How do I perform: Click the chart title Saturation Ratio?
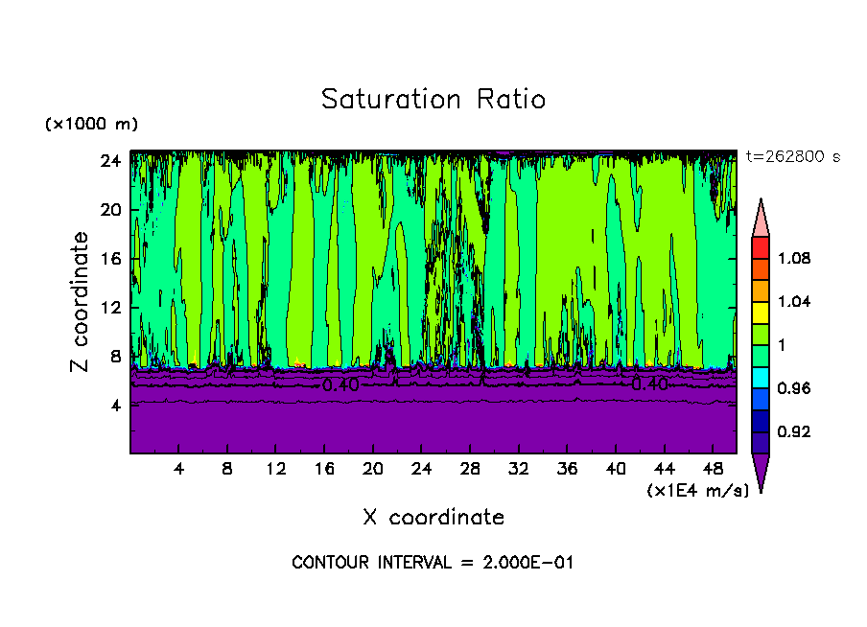pos(433,100)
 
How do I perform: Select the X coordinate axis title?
pos(433,518)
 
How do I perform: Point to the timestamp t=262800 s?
pos(792,157)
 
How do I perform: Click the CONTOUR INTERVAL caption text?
pos(433,563)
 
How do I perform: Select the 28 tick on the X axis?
pos(469,470)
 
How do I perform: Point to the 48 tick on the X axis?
pos(713,470)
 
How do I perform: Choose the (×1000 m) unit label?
pos(91,125)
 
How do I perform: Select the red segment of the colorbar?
pos(760,246)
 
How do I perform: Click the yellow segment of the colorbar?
pos(760,312)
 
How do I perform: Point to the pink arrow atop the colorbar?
pos(760,217)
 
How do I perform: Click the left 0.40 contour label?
pos(340,385)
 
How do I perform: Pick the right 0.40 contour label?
pos(649,384)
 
